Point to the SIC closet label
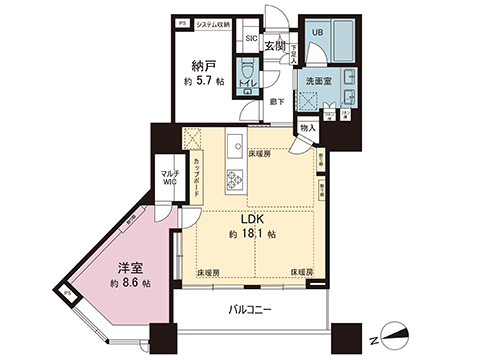[x=252, y=38]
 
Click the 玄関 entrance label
[x=276, y=45]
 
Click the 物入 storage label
[x=308, y=126]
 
